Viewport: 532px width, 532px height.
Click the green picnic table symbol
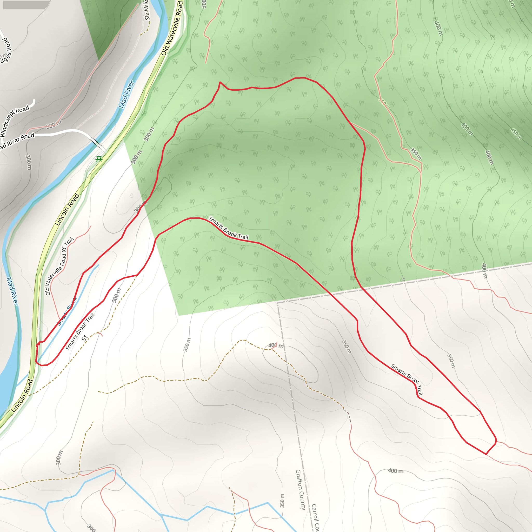[99, 159]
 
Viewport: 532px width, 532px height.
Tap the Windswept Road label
[14, 120]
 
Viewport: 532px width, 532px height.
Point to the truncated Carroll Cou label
[316, 518]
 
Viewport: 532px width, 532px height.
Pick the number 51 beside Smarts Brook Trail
[84, 338]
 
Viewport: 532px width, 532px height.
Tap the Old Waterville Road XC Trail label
[59, 266]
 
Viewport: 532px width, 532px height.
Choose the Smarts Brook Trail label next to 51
[80, 331]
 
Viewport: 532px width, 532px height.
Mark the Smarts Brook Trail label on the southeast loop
[407, 379]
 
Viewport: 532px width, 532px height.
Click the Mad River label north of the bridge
[127, 94]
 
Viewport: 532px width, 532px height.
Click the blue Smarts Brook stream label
[67, 311]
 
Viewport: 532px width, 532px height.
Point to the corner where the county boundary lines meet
[278, 303]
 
